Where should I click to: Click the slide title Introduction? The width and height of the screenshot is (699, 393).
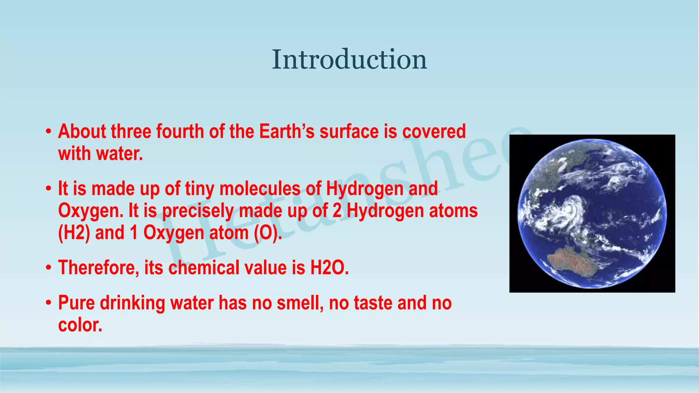349,60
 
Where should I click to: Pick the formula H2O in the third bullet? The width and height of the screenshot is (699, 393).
329,267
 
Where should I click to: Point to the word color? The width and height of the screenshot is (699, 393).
80,325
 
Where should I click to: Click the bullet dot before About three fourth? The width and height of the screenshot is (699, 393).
49,132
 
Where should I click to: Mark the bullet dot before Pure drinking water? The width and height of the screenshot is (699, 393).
49,303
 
